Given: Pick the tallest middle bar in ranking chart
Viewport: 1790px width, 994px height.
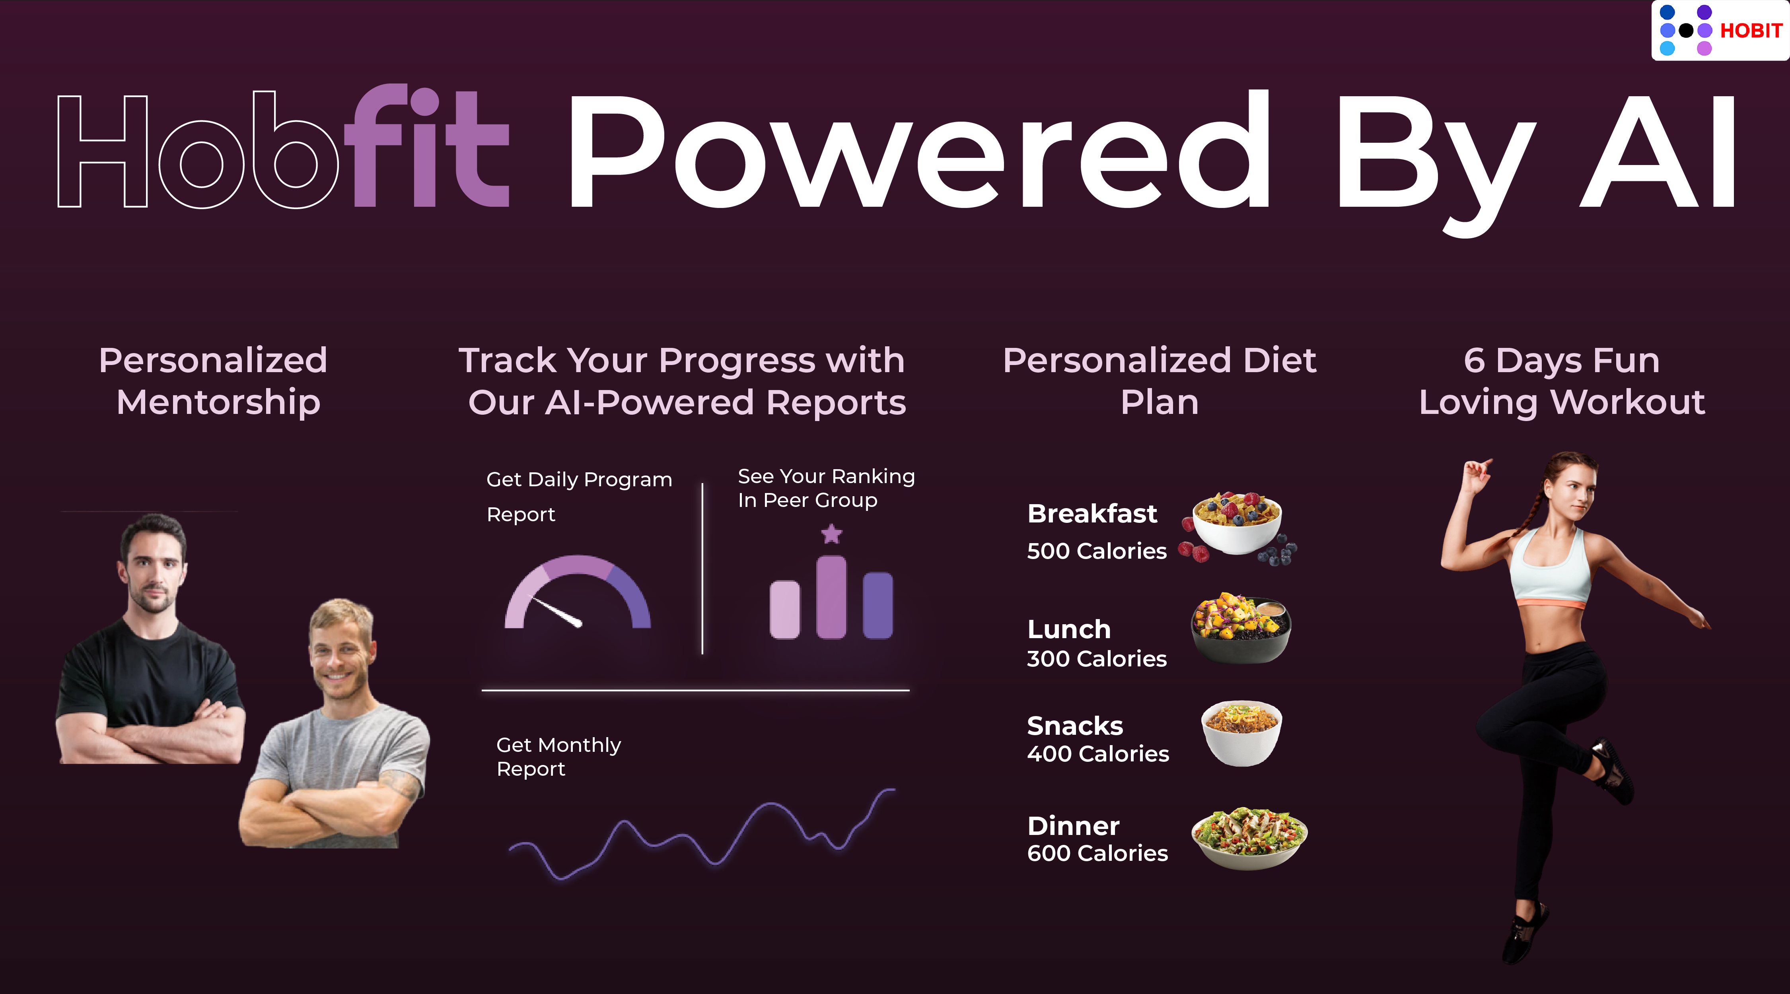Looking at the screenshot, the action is click(x=831, y=597).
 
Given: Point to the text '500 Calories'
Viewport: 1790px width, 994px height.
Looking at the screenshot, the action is click(x=1097, y=551).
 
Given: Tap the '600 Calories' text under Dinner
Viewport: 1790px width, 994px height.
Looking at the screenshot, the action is click(x=1097, y=853).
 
